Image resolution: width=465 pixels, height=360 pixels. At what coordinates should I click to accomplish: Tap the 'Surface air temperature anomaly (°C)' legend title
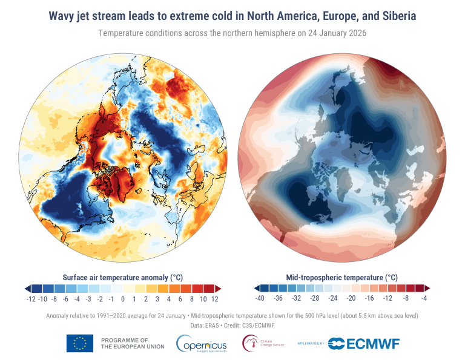(123, 277)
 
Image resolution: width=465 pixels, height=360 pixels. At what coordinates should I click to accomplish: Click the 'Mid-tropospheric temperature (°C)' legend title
(341, 277)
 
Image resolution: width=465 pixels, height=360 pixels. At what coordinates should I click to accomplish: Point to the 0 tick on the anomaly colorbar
(123, 299)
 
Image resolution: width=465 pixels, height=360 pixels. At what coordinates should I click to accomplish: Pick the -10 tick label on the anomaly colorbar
(43, 299)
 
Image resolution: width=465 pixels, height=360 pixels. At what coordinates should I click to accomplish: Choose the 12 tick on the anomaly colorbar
(214, 299)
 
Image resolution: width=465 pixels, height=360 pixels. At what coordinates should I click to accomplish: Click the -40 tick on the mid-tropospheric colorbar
(260, 299)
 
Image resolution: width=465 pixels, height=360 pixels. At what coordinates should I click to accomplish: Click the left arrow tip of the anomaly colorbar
(26, 288)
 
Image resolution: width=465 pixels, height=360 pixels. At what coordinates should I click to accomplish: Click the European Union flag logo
(79, 343)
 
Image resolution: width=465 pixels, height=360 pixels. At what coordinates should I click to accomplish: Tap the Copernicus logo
(202, 344)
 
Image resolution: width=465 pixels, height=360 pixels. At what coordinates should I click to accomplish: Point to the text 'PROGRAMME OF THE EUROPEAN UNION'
(125, 344)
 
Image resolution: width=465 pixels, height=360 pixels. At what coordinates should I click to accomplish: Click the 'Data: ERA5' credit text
(204, 326)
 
